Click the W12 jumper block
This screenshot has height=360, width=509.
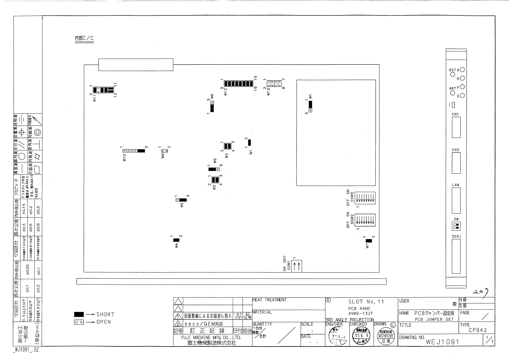pyautogui.click(x=238, y=84)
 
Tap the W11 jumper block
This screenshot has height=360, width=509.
pyautogui.click(x=103, y=90)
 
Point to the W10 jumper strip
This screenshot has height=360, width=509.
pyautogui.click(x=133, y=151)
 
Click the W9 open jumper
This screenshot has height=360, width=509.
pyautogui.click(x=164, y=151)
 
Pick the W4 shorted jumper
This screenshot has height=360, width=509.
pyautogui.click(x=176, y=240)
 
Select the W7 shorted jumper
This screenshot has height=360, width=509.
pyautogui.click(x=369, y=241)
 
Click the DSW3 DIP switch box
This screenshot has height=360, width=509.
pyautogui.click(x=365, y=198)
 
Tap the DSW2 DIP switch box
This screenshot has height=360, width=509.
pyautogui.click(x=365, y=220)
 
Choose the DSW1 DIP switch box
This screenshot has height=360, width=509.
pyautogui.click(x=297, y=266)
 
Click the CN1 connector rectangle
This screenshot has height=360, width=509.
pyautogui.click(x=456, y=127)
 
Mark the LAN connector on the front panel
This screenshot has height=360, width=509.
pyautogui.click(x=456, y=201)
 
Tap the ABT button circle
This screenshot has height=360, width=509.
pyautogui.click(x=452, y=93)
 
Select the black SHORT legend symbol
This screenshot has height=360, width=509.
pyautogui.click(x=79, y=315)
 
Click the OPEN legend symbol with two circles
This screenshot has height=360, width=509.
pyautogui.click(x=79, y=322)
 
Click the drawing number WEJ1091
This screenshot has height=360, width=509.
pyautogui.click(x=442, y=342)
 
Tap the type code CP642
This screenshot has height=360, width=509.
pyautogui.click(x=478, y=330)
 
